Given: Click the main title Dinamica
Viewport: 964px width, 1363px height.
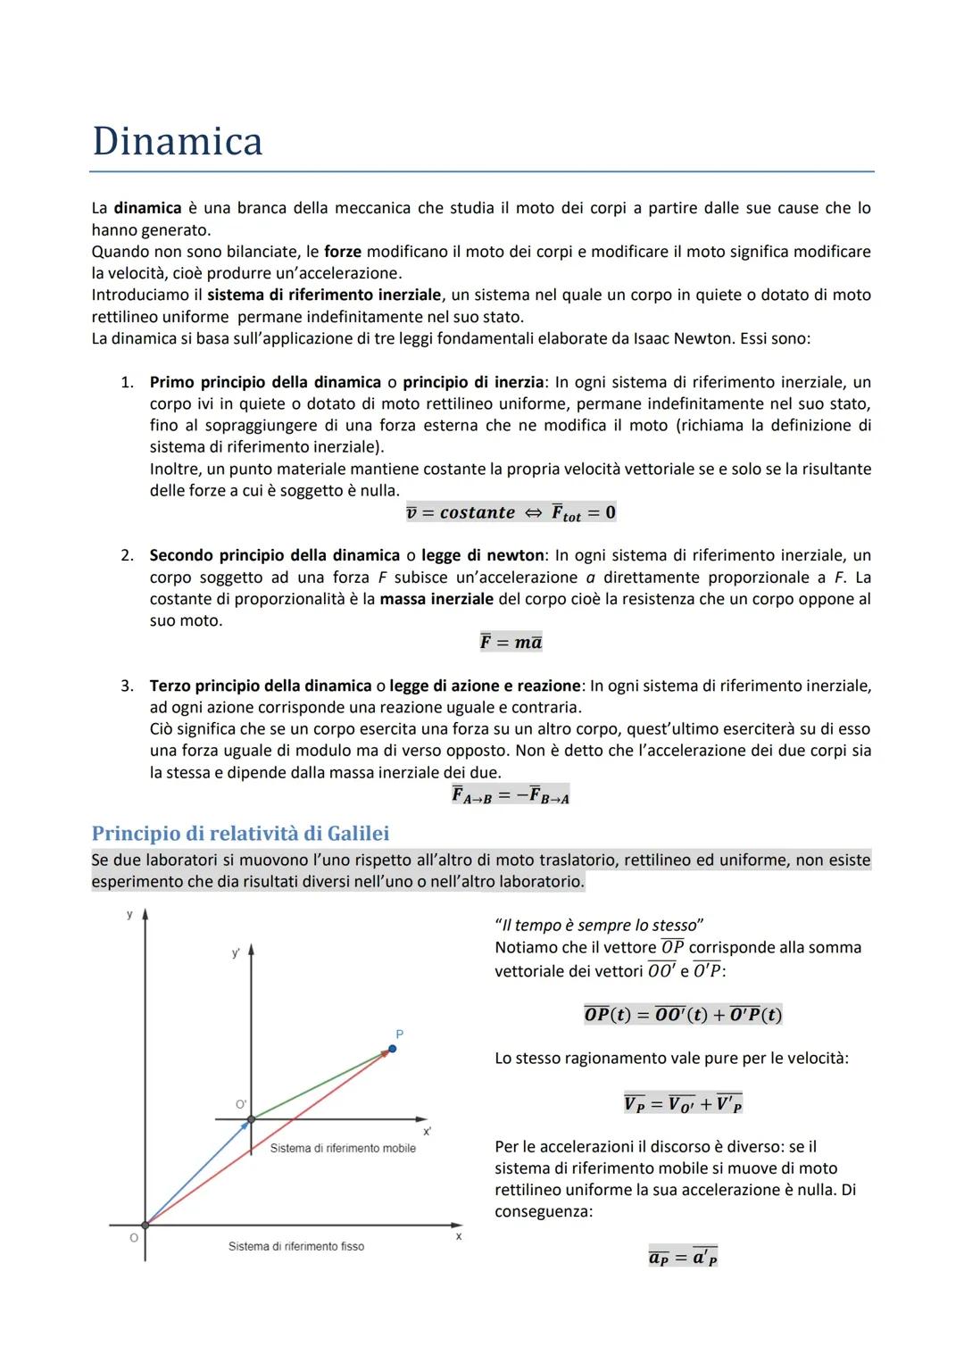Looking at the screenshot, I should coord(178,142).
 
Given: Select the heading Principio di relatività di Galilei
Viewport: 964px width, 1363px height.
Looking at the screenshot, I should coord(240,833).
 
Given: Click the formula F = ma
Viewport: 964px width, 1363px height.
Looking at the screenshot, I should coord(511,642).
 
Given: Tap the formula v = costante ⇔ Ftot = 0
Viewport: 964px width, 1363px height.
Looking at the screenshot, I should coord(511,512).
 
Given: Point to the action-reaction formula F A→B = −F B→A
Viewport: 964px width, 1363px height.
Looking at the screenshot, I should coord(511,794).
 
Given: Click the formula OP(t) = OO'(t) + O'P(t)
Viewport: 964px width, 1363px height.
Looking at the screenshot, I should coord(683,1015).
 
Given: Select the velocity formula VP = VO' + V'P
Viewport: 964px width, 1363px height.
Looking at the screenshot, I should coord(683,1103).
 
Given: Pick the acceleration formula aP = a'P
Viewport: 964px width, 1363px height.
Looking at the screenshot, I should coord(683,1257).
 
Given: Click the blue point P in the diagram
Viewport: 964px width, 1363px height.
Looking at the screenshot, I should coord(393,1049).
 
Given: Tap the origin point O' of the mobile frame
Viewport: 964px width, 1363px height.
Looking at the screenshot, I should coord(251,1118).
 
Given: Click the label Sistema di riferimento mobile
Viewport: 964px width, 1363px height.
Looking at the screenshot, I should coord(343,1148).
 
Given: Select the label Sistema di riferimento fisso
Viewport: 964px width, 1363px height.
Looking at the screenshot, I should coord(295,1246).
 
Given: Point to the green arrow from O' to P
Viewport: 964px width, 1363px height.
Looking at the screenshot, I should coord(321,1084).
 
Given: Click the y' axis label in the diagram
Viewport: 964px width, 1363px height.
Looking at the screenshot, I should coord(236,953).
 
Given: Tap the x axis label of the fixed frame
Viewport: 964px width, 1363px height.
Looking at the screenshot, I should coord(459,1236).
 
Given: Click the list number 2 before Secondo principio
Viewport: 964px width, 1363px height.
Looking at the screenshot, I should coord(128,555).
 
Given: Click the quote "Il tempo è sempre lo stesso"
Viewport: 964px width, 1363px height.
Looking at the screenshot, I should coord(599,925).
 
